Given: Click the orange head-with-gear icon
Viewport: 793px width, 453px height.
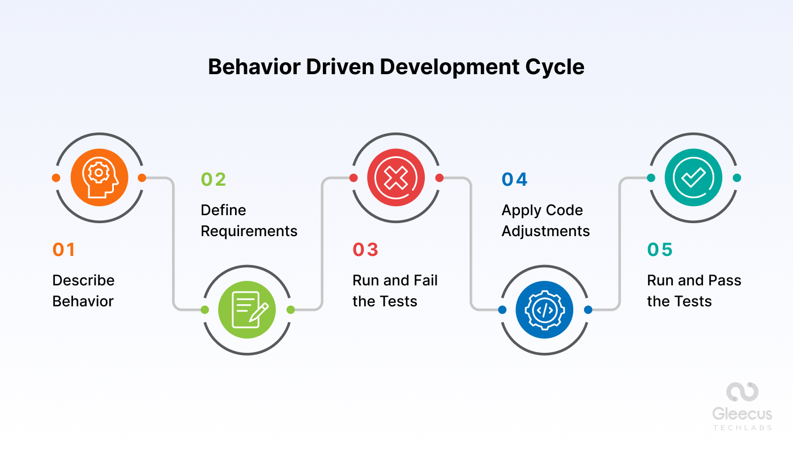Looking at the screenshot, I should (99, 178).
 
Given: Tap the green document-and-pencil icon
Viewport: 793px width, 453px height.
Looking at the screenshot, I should (247, 310).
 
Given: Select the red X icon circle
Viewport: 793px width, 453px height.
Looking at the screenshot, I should (396, 178).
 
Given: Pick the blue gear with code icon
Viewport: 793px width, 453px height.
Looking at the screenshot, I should (544, 310).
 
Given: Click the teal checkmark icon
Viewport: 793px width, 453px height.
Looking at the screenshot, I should (693, 178).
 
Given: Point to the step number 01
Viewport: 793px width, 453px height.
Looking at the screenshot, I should (64, 250).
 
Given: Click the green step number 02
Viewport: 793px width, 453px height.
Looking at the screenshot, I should (214, 180).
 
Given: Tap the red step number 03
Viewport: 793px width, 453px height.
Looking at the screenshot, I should (365, 250).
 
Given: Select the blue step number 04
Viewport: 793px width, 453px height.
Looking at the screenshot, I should (515, 180).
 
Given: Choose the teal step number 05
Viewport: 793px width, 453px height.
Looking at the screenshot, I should (660, 250).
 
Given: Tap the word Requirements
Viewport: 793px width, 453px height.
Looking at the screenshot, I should (249, 231).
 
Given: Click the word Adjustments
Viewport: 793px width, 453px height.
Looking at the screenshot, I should (545, 231).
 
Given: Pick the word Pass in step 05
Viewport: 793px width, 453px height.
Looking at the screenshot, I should (726, 280).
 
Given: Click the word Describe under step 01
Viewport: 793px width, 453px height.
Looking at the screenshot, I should (83, 280).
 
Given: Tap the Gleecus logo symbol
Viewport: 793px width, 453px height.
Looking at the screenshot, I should (742, 392).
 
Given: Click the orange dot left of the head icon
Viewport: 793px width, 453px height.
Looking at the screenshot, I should (56, 178).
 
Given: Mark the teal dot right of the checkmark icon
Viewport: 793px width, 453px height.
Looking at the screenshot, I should (736, 178).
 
